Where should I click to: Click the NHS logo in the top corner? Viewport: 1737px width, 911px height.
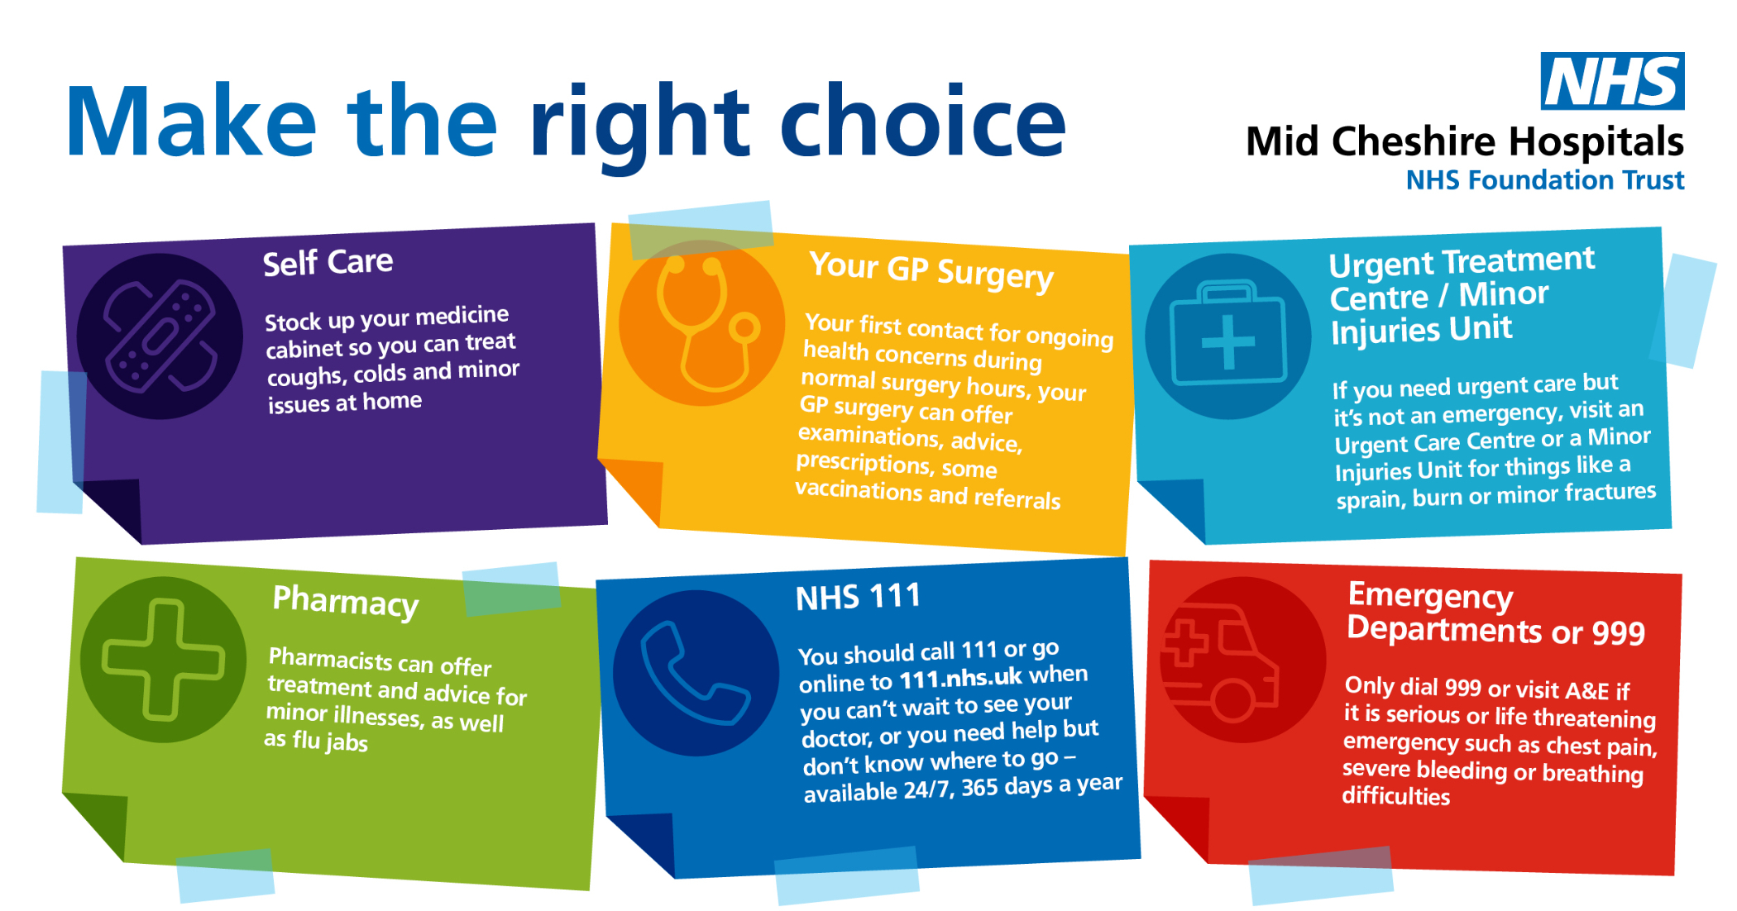[1612, 81]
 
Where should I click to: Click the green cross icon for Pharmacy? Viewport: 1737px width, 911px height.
[163, 660]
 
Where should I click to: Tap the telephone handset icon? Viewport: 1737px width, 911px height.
[695, 673]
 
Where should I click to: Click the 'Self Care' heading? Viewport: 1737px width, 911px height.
[328, 263]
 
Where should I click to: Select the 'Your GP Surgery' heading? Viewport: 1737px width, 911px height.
[931, 270]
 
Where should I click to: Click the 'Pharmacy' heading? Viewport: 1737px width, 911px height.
[346, 602]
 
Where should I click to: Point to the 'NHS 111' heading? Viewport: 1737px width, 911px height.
[858, 597]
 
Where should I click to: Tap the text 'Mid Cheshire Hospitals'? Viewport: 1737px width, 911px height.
[1465, 141]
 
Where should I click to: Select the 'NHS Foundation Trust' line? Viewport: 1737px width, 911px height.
[1545, 180]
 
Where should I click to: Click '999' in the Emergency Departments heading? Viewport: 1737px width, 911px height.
[1618, 633]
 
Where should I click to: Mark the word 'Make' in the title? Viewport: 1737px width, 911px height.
[191, 122]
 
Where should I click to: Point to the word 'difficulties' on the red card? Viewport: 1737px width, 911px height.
[1395, 796]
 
